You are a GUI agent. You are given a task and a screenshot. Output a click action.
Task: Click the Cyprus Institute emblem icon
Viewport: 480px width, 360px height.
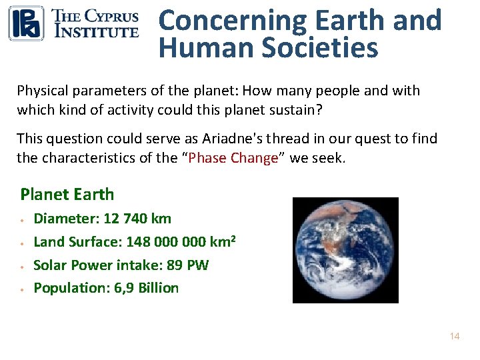pos(26,23)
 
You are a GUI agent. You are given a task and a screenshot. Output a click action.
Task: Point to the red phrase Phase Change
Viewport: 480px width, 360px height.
pos(233,158)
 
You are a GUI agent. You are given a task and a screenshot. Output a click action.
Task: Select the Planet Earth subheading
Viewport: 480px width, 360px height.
pos(67,195)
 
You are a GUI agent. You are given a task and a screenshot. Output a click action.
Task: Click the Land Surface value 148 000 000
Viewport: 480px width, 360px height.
pos(169,242)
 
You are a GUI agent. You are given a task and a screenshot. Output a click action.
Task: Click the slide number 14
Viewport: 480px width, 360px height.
pos(455,337)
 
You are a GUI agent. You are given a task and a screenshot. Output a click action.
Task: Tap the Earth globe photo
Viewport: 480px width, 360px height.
pos(345,250)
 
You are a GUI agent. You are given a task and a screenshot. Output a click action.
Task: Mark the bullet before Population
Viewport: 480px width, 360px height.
pos(23,289)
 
